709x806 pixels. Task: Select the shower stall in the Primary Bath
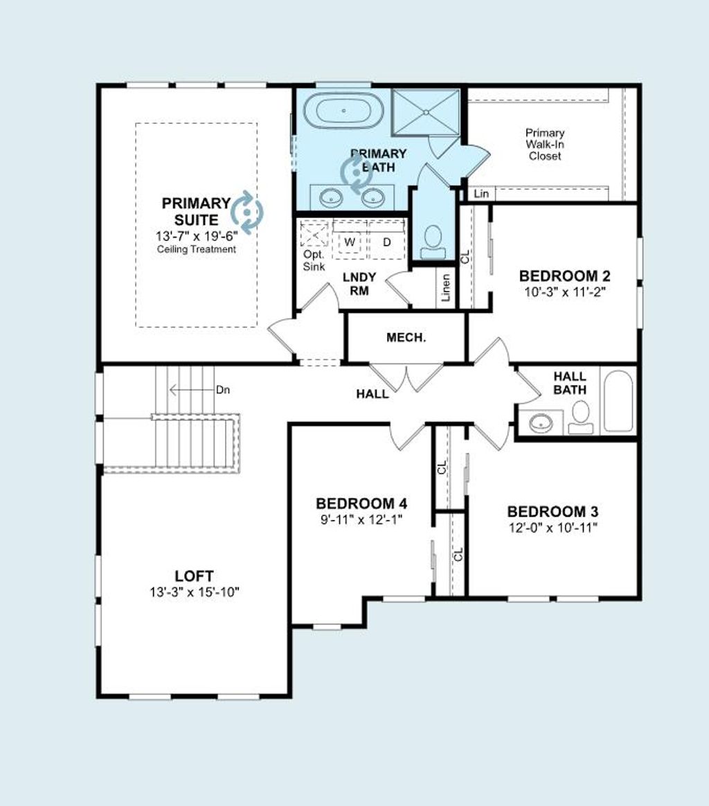coord(425,111)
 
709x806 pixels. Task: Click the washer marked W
coord(350,242)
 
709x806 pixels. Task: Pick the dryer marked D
coord(387,242)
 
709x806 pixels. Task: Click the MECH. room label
coord(406,338)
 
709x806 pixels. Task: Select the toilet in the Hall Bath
coord(580,416)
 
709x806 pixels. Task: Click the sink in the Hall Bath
coord(541,422)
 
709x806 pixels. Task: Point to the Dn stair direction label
coord(222,390)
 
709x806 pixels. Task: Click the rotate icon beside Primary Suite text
coord(247,210)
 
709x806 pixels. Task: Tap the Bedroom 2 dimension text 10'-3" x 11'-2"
coord(564,292)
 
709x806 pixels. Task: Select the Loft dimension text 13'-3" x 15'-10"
coord(193,592)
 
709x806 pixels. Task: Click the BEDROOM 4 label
coord(361,503)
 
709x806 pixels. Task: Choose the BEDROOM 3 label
coord(553,512)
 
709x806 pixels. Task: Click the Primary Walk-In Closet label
coord(545,144)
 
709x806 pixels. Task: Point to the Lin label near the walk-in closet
coord(481,194)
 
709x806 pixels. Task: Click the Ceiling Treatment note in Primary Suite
coord(196,249)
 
